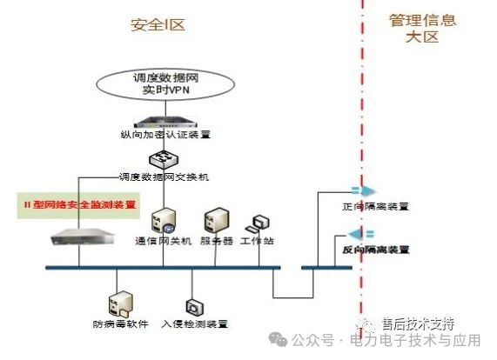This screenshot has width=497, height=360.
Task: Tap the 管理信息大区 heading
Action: [422, 29]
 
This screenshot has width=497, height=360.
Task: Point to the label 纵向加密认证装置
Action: [165, 136]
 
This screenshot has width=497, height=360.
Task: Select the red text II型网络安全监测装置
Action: [79, 205]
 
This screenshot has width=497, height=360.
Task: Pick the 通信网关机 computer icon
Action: [162, 220]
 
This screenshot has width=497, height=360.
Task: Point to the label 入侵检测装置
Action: [194, 324]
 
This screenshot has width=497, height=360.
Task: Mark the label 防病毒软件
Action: [119, 324]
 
